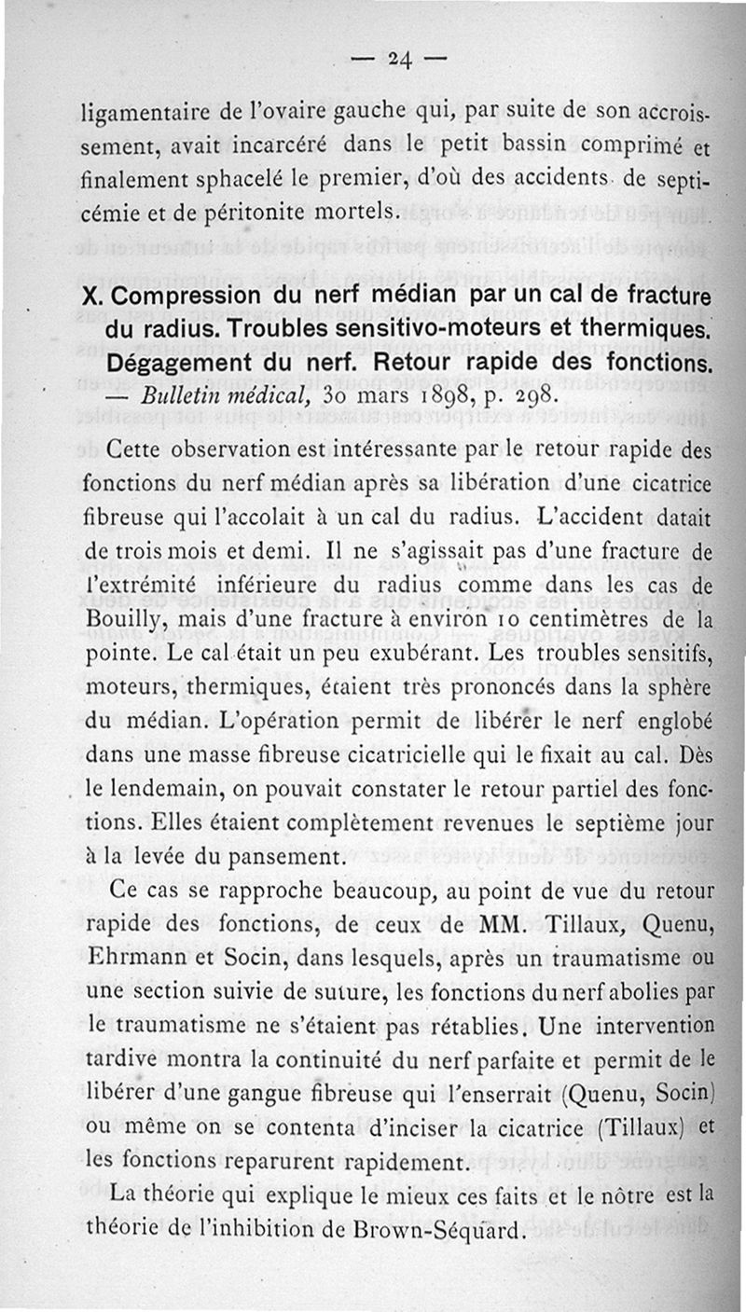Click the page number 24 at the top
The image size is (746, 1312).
coord(401,59)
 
